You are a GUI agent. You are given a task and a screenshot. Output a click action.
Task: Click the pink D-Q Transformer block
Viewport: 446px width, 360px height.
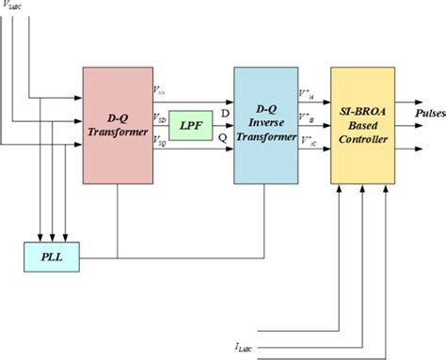[117, 124]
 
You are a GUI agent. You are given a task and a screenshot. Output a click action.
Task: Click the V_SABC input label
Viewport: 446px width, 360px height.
[16, 6]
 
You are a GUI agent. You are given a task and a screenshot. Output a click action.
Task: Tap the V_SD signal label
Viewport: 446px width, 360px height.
[160, 119]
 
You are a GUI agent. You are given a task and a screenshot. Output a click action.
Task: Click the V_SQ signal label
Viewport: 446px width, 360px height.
[160, 141]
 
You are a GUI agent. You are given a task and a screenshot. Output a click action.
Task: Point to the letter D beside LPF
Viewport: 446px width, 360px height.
[225, 113]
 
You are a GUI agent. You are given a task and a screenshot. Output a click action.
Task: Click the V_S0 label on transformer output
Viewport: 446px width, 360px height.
[160, 90]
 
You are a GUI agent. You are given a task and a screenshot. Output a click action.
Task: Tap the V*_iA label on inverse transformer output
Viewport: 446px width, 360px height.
[306, 93]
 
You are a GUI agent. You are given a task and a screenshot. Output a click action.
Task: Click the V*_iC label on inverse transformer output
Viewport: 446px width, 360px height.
[306, 140]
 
